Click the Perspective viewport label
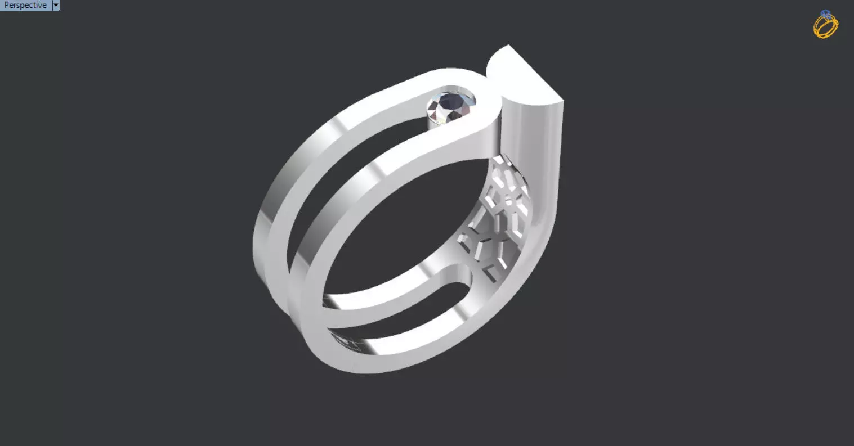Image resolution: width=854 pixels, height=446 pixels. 25,5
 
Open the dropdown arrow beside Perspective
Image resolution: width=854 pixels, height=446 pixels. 55,5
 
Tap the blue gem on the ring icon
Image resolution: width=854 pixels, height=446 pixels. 826,13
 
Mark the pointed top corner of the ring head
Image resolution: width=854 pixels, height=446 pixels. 509,46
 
